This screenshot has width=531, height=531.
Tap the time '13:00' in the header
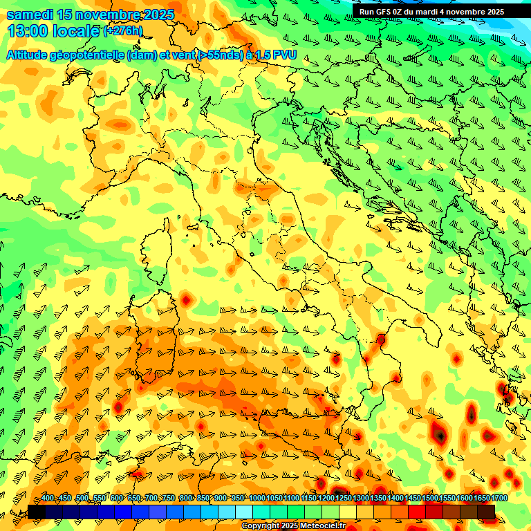28,30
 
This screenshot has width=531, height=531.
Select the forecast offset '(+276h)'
123,30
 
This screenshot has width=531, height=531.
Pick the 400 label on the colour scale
48,499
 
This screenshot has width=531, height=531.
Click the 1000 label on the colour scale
257,499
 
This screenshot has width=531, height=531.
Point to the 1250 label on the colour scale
344,499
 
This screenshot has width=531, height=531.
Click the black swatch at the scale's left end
36,512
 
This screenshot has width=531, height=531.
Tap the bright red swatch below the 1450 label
416,512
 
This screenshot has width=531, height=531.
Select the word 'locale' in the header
76,30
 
